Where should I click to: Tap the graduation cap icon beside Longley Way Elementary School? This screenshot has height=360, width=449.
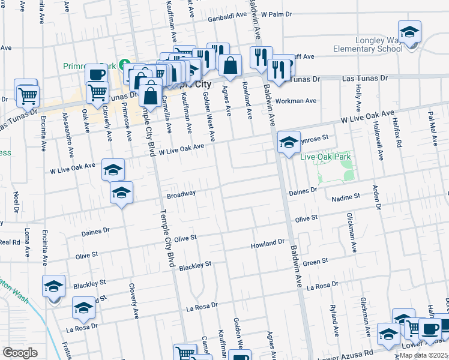point(409,31)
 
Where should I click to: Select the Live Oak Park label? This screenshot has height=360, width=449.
point(325,157)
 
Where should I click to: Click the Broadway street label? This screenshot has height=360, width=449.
point(181,194)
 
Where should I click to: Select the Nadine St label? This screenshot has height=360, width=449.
point(345,196)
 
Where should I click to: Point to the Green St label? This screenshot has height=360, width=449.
point(315,262)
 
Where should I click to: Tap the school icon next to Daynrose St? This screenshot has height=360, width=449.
point(289,143)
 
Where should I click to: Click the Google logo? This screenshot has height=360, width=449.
point(20,353)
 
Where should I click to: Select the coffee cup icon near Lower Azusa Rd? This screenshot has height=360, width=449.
point(429,328)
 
